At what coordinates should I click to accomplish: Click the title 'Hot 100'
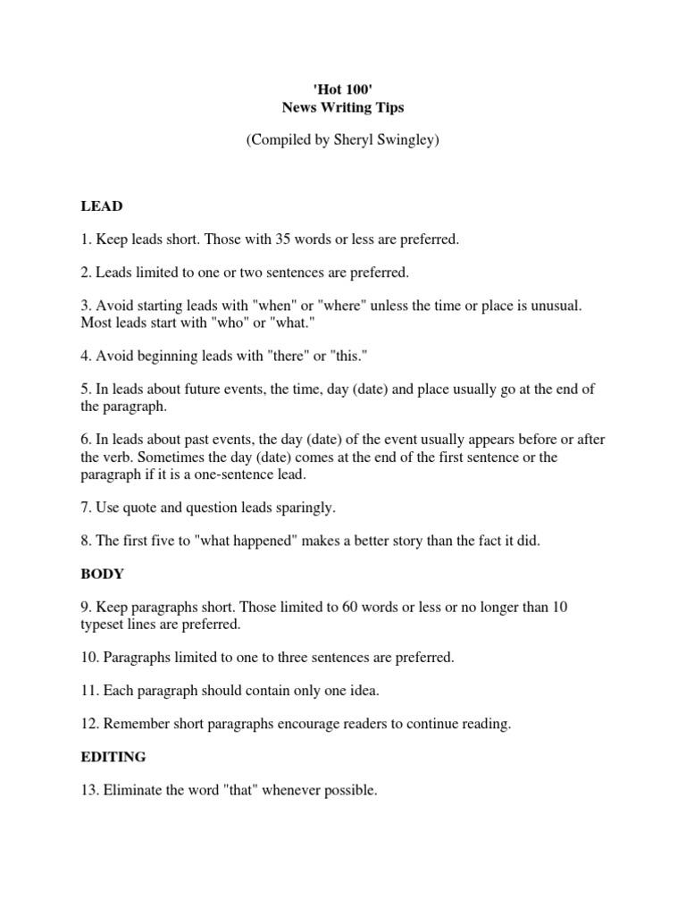(x=342, y=90)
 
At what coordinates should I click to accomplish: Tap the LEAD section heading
(x=101, y=206)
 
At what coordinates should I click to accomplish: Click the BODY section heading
(x=102, y=574)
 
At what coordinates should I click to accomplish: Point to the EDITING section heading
(x=113, y=757)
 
